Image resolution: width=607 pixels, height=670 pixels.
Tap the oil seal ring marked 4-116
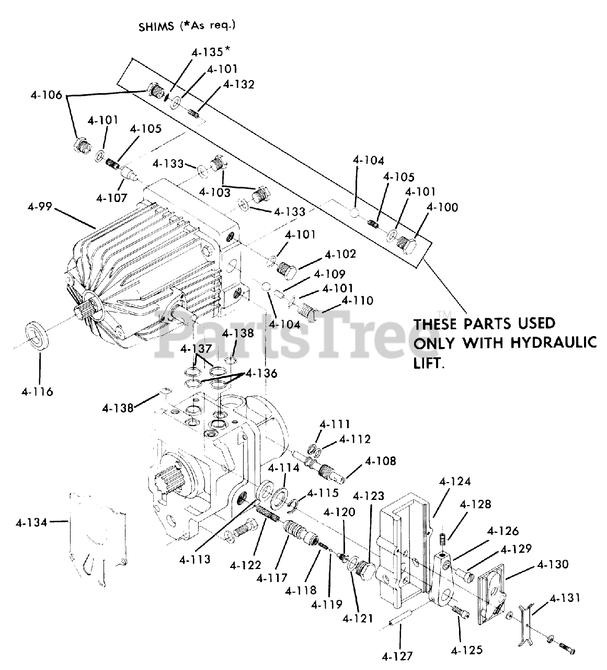coord(38,335)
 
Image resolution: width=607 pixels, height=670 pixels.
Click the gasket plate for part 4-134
coord(98,539)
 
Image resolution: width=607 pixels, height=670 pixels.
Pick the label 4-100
coord(442,207)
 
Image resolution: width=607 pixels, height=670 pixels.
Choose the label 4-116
coord(38,391)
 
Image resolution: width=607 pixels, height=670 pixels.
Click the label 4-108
coord(380,461)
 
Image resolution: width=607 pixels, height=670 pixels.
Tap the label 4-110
coord(357,300)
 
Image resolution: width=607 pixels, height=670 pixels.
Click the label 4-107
coord(111,198)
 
